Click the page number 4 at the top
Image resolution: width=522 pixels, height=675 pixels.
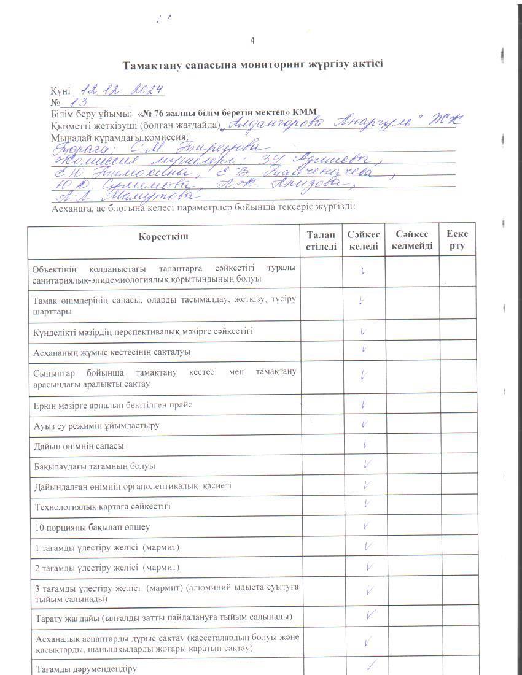252,40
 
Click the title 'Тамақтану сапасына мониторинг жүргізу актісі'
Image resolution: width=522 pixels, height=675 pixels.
252,64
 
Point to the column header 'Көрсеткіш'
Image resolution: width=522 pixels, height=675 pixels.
163,236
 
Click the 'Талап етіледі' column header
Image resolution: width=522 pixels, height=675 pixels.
321,241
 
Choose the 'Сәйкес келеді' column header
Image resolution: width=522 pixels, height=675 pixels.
364,241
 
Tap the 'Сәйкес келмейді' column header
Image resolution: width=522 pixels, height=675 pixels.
412,241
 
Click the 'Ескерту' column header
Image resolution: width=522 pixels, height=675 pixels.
458,241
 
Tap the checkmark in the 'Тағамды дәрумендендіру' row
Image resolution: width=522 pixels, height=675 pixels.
371,665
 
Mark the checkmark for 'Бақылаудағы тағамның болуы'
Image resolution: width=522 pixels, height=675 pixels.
367,465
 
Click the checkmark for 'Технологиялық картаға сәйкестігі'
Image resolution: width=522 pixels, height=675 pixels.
366,504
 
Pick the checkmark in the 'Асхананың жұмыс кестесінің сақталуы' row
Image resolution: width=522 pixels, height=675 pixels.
364,349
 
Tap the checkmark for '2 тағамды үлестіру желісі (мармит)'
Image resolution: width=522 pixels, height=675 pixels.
369,566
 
